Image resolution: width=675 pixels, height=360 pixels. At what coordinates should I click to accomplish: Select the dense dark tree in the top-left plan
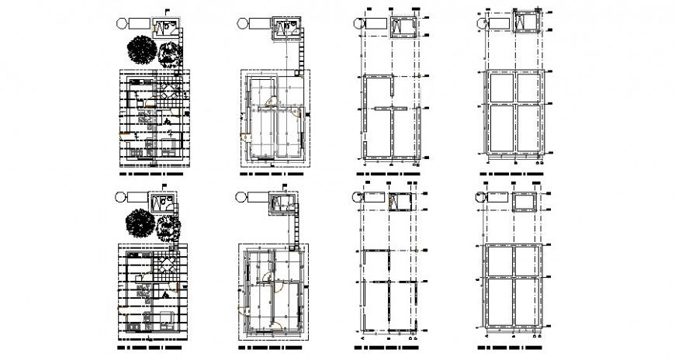(140, 51)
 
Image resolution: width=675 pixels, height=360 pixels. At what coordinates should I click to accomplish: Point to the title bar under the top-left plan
(154, 175)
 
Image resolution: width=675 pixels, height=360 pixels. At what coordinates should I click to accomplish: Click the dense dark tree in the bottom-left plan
(140, 224)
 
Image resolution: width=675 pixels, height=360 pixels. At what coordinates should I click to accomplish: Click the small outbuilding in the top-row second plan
(284, 29)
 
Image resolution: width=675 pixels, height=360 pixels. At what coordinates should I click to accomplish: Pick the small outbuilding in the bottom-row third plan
(402, 202)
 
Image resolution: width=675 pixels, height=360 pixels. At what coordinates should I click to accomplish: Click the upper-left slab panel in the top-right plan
(498, 88)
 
